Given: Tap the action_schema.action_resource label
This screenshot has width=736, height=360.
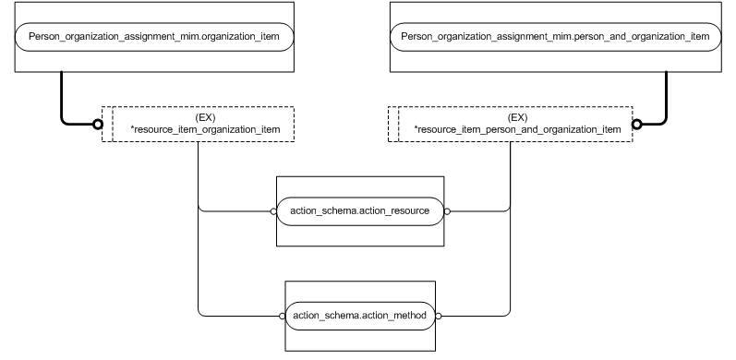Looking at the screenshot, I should tap(360, 211).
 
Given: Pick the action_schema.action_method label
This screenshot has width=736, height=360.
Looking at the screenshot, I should tap(360, 316).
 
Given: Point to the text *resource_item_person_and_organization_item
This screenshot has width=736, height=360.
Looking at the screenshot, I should tap(517, 129).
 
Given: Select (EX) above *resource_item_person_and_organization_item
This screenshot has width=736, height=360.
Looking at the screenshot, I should tap(517, 117).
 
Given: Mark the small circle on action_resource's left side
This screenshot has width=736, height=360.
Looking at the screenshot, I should tap(273, 211).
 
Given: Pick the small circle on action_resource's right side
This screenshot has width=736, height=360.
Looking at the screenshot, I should tap(447, 211).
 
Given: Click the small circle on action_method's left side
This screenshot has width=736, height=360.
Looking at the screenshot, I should tap(281, 316).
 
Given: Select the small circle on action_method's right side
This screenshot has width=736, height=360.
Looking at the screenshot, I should tap(440, 316).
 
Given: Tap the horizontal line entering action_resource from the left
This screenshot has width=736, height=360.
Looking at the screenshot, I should tap(235, 211).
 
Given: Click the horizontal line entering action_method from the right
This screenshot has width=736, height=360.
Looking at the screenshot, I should tap(476, 316).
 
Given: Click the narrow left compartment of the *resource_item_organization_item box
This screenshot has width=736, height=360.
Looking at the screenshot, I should tap(107, 125).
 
